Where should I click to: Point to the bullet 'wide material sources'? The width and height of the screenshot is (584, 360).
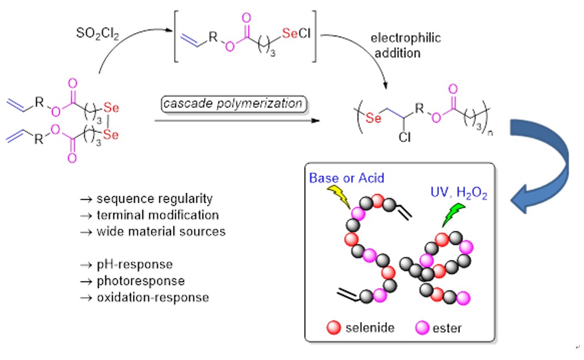point(153,231)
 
